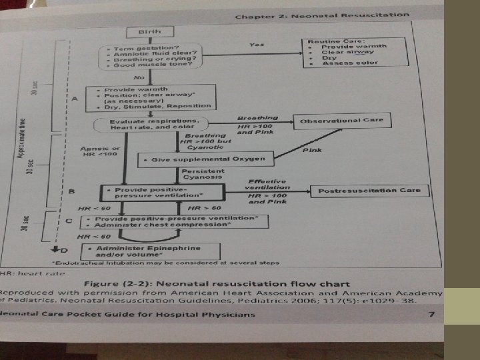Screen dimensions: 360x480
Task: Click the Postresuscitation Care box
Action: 369,191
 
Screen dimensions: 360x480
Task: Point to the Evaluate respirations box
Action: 150,125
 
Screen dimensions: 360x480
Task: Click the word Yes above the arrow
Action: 257,45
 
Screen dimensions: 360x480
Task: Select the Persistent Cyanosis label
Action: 199,175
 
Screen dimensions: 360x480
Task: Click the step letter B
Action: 72,192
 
